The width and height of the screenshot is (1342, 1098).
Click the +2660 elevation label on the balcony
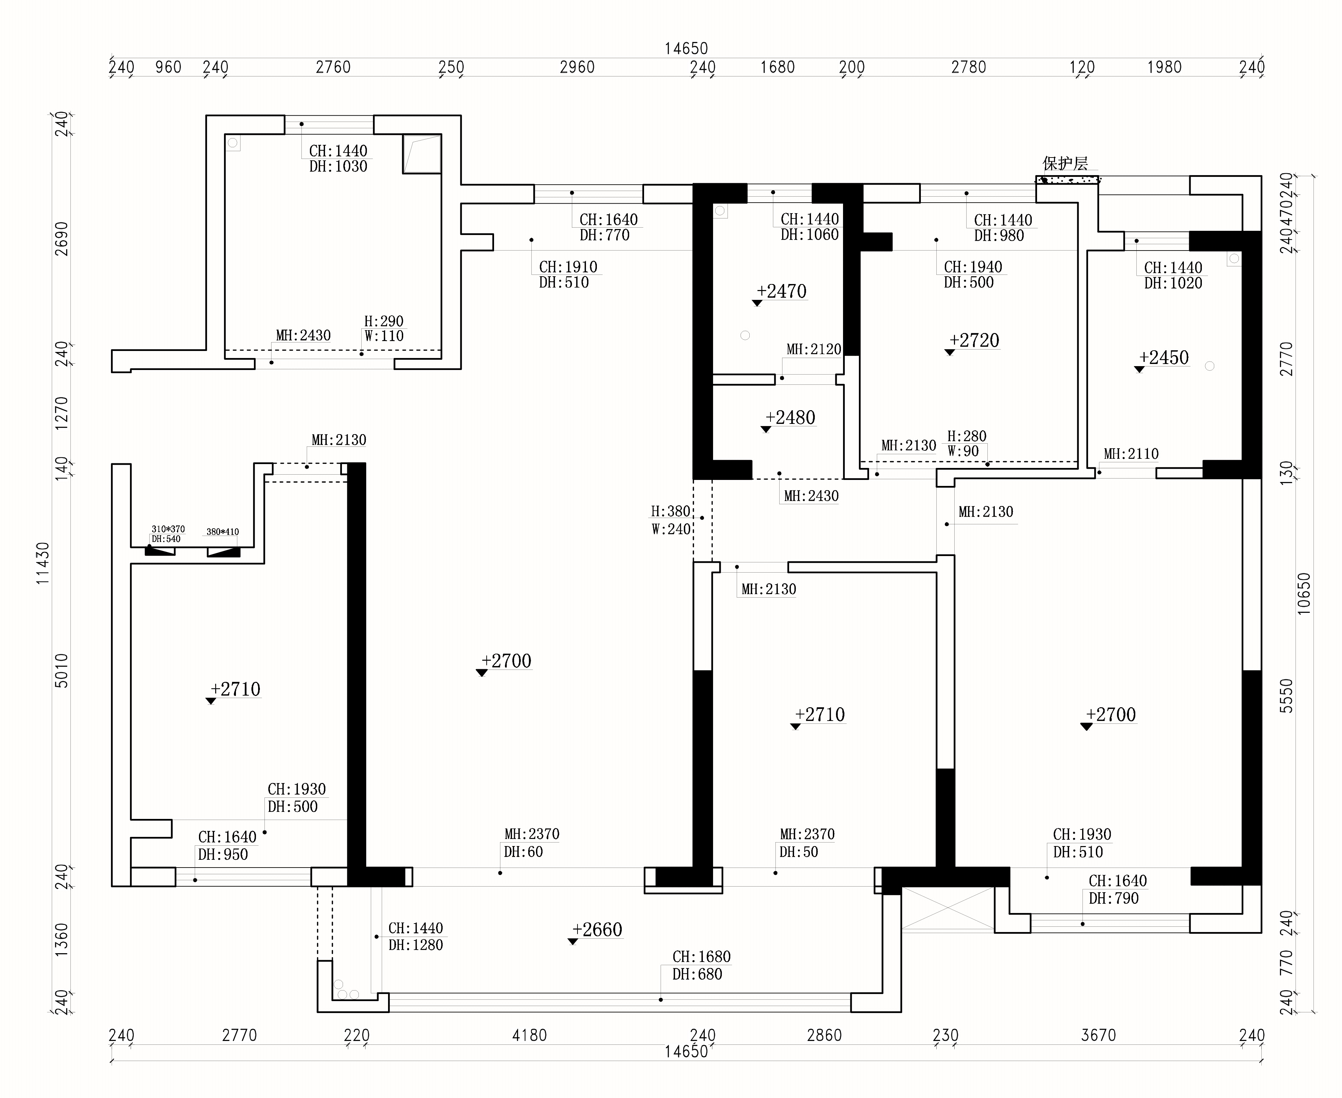pyautogui.click(x=597, y=930)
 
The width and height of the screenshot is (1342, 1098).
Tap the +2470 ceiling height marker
pyautogui.click(x=782, y=291)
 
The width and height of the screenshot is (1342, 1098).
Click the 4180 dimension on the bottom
pyautogui.click(x=529, y=1035)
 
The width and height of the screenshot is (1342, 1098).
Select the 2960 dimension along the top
pyautogui.click(x=577, y=67)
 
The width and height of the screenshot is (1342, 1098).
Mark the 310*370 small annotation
pyautogui.click(x=168, y=529)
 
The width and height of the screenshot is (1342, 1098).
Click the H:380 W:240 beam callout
pyautogui.click(x=671, y=520)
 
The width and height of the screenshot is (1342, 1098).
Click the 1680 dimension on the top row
pyautogui.click(x=778, y=67)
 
